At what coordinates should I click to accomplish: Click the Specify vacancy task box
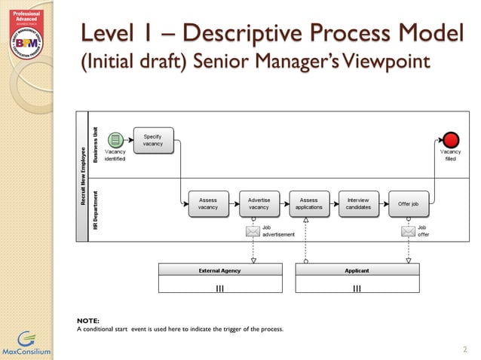click(153, 141)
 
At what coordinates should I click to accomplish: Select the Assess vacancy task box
click(207, 203)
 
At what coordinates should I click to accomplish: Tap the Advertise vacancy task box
click(259, 203)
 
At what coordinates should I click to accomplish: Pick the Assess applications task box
click(308, 203)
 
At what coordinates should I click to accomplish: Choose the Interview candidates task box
click(358, 203)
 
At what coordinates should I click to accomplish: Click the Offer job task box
click(408, 203)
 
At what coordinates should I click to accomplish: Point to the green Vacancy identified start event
click(115, 139)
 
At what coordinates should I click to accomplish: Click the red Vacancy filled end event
click(451, 139)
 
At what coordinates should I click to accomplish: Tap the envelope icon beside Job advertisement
click(253, 232)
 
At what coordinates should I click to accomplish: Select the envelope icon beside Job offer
click(408, 232)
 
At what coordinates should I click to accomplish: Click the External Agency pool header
click(219, 270)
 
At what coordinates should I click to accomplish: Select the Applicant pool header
click(357, 270)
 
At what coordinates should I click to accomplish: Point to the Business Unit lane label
click(96, 143)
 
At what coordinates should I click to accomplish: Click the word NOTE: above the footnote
click(88, 322)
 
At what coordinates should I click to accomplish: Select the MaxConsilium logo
click(26, 343)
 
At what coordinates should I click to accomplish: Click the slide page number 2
click(465, 349)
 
